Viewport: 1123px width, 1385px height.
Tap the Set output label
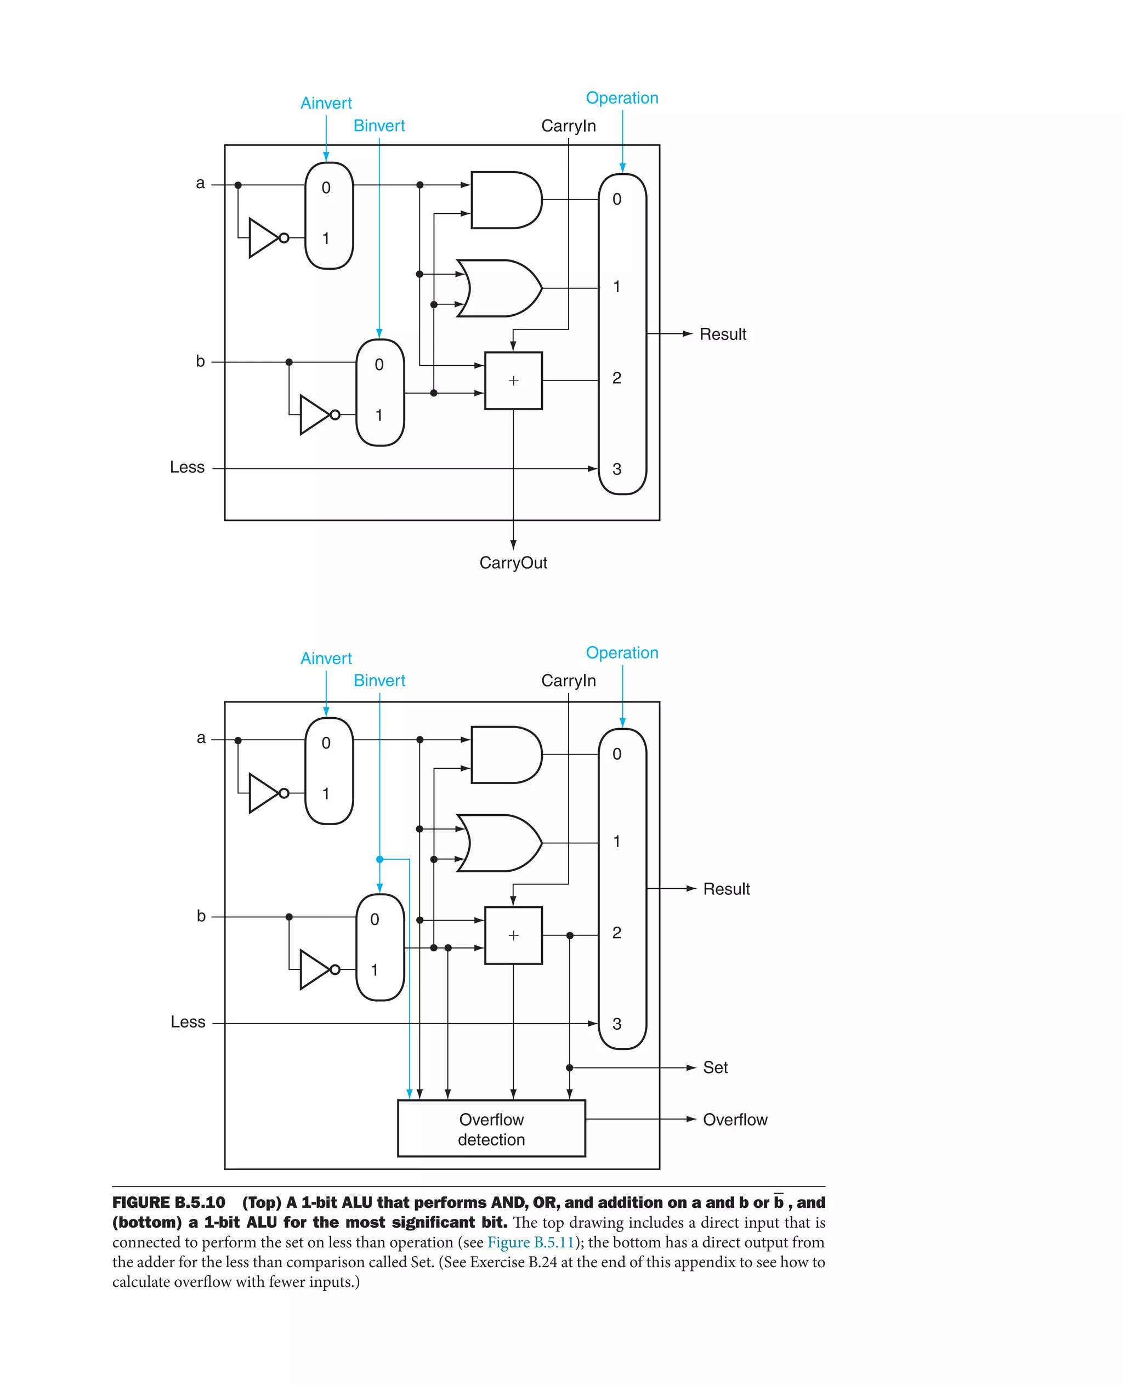point(715,1068)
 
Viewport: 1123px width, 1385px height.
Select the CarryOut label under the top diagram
point(513,563)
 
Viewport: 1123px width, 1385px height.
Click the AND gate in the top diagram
point(504,200)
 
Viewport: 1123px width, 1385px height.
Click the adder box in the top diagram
point(513,381)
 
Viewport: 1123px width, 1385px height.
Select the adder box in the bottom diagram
point(513,935)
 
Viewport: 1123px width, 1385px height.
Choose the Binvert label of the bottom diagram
point(379,680)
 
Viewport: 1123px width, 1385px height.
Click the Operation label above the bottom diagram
point(622,652)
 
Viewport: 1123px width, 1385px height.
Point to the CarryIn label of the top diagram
point(568,126)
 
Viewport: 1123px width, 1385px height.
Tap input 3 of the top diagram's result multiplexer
point(616,469)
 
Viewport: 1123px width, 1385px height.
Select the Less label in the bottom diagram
point(188,1022)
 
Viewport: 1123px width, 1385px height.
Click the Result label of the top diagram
point(723,334)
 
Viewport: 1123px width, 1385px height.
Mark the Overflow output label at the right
point(735,1120)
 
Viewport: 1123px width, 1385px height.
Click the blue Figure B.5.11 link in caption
point(530,1242)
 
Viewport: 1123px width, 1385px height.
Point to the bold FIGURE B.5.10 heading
point(169,1202)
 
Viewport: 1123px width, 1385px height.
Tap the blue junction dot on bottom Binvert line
point(379,859)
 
